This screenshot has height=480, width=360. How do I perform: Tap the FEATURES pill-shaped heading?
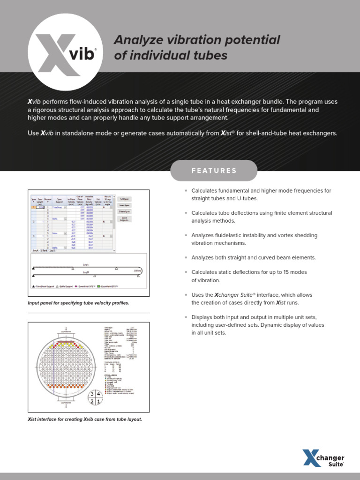click(214, 171)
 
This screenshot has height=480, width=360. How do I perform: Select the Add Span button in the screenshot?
click(124, 199)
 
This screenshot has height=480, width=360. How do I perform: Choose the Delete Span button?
click(124, 211)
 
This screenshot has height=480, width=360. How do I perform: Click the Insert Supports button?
click(124, 219)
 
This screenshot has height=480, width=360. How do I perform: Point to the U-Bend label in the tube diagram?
click(137, 271)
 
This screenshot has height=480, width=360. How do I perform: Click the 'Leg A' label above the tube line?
click(86, 264)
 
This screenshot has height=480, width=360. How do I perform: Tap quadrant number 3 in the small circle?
click(92, 393)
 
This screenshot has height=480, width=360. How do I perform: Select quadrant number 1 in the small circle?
click(99, 402)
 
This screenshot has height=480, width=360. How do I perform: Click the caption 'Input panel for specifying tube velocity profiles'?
click(78, 303)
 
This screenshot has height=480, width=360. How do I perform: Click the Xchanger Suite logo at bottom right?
click(323, 458)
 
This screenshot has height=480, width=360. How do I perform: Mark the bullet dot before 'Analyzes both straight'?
click(186, 258)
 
